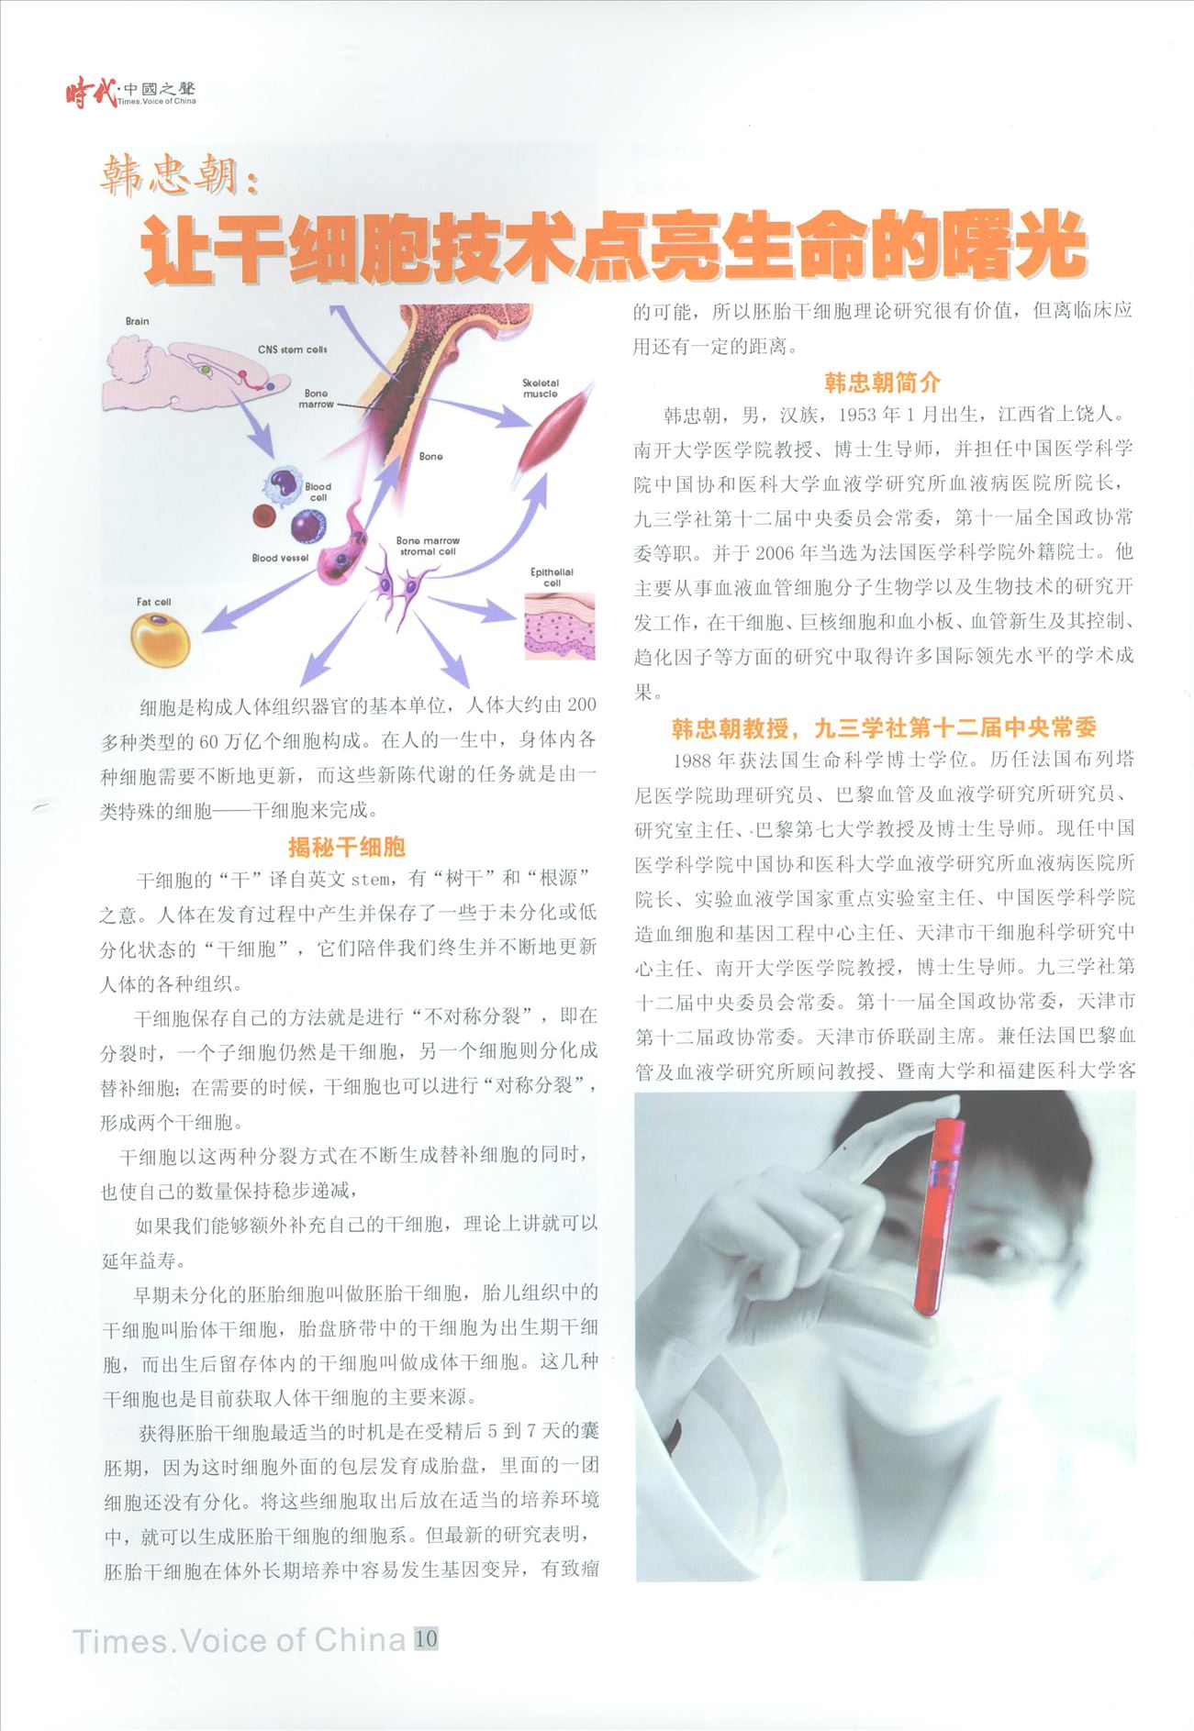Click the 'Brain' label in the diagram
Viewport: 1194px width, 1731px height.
point(137,321)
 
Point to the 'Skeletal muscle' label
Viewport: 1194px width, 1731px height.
point(541,388)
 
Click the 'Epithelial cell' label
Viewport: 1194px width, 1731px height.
point(552,577)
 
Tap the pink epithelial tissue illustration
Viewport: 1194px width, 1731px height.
point(559,626)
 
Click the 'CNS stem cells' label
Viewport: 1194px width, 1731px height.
point(292,350)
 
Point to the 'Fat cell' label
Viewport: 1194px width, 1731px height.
point(153,602)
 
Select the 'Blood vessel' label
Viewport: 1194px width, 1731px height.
point(280,558)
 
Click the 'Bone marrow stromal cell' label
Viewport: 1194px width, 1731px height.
point(428,546)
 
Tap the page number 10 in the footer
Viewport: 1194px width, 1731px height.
point(426,1638)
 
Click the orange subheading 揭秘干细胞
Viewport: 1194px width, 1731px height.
point(347,846)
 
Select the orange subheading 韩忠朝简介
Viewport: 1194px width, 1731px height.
point(882,382)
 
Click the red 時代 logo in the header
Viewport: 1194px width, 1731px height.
point(90,93)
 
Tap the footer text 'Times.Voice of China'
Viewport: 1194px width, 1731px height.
point(239,1640)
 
